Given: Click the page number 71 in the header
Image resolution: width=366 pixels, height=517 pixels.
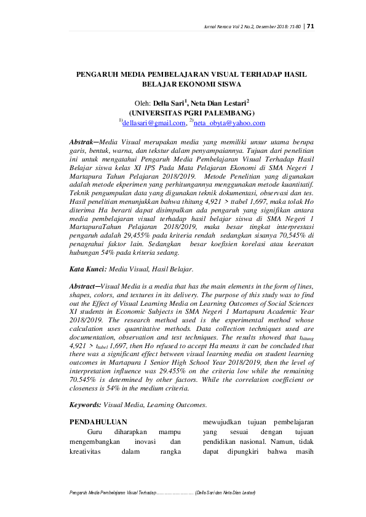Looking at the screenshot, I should click(311, 26).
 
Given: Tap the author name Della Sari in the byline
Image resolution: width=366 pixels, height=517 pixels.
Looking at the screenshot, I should click(170, 103).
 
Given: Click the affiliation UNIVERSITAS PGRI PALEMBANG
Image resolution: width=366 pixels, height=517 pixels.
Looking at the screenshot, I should click(191, 113).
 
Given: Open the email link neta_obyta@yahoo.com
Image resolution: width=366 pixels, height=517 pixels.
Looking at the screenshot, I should click(229, 123).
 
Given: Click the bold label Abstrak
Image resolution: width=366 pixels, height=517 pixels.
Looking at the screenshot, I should click(82, 142).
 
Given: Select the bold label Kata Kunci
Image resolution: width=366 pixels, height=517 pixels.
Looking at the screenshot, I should click(89, 269).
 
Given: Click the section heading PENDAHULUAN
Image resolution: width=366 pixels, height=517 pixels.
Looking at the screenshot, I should click(98, 422).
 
